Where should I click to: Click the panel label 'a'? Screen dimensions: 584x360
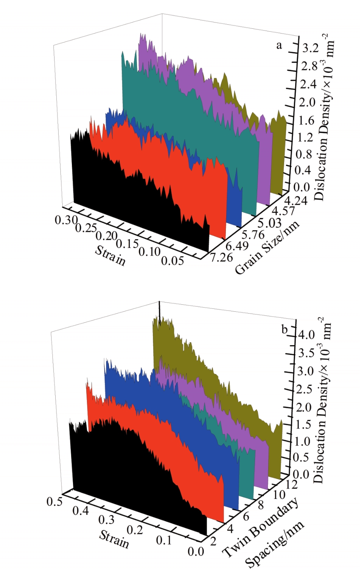pos(279,46)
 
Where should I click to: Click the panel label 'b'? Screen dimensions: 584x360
pos(284,329)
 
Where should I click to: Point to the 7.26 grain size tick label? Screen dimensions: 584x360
pos(221,257)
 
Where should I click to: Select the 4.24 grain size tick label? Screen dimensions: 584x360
pos(295,201)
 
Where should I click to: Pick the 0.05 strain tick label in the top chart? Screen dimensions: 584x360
pos(172,260)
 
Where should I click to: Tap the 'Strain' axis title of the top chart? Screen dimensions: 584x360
pos(110,255)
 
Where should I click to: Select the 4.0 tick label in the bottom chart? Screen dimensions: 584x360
pos(307,335)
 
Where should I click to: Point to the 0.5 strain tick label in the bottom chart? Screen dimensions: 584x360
pos(54,501)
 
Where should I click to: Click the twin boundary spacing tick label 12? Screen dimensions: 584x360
pos(291,484)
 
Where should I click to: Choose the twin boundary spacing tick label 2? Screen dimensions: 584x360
pos(213,541)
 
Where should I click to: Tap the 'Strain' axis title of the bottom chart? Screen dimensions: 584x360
pos(114,539)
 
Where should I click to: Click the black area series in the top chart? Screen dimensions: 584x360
pos(129,206)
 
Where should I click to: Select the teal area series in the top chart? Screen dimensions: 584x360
pos(192,122)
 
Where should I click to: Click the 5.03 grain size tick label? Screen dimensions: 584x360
pos(269,223)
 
